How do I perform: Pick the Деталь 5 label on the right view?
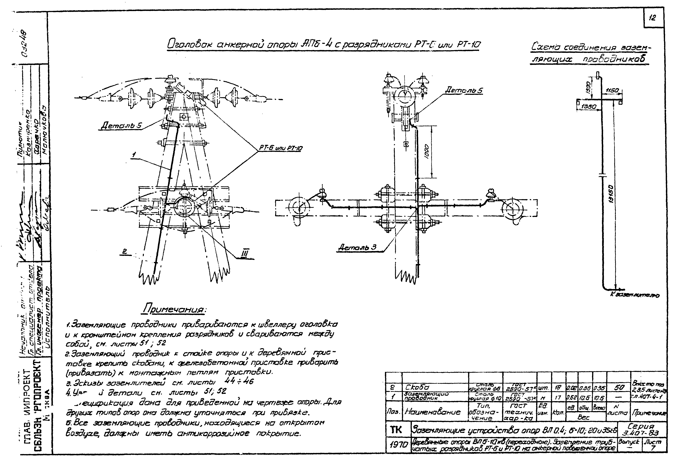pyautogui.click(x=464, y=91)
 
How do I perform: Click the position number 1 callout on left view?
pyautogui.click(x=134, y=155)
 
